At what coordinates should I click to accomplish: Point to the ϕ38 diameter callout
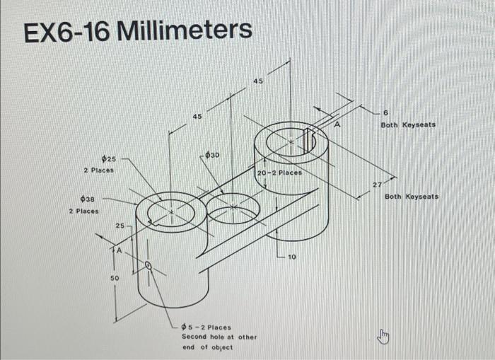coord(88,200)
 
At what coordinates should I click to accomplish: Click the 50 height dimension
coord(114,279)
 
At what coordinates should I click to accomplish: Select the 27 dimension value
coord(378,185)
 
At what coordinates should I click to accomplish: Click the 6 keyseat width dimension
coord(386,113)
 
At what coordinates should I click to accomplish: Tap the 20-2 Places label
coord(279,173)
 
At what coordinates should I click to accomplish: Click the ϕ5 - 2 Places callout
coord(206,327)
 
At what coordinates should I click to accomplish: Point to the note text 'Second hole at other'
coord(219,337)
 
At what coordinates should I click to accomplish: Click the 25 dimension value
coord(120,226)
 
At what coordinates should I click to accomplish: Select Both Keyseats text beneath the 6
coord(408,124)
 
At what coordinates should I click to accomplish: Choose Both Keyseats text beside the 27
coord(412,196)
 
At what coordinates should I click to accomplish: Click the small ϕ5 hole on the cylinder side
coord(148,266)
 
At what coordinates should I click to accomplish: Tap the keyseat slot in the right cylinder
coord(308,141)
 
